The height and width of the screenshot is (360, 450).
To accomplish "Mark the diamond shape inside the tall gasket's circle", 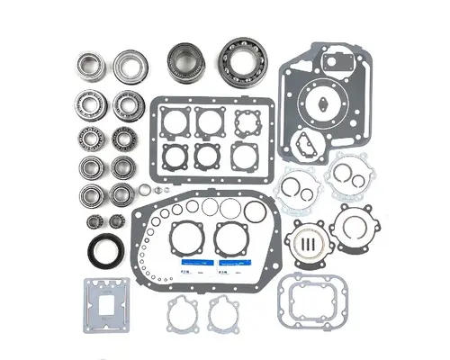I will pyautogui.click(x=317, y=103).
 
